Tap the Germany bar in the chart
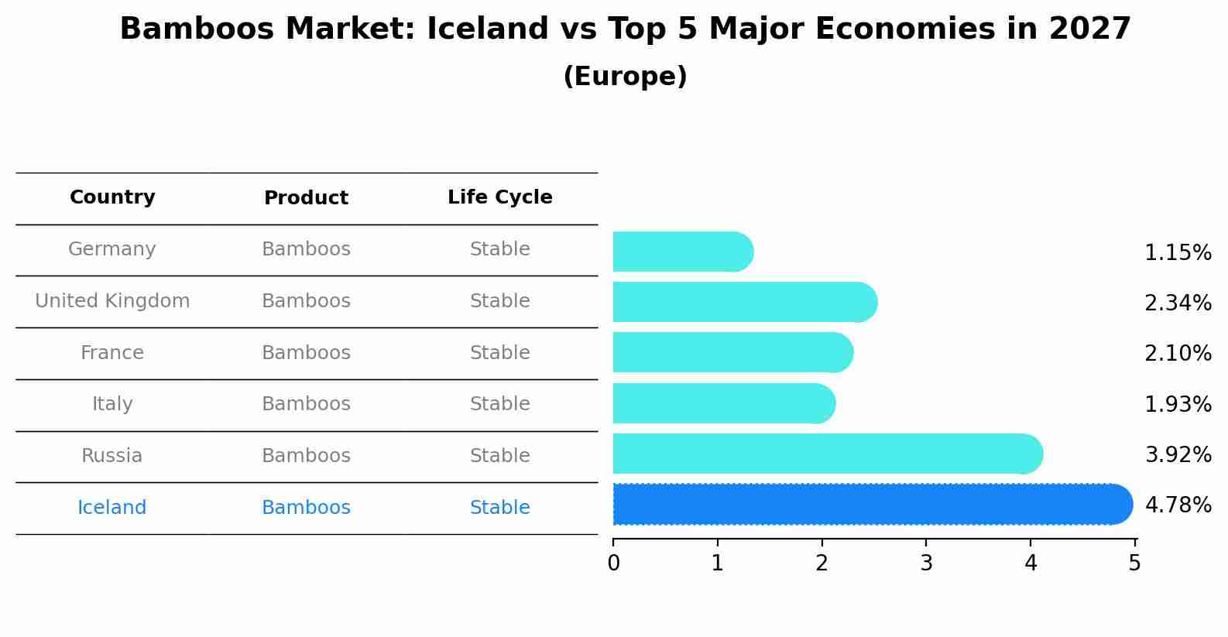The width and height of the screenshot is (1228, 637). coord(682,252)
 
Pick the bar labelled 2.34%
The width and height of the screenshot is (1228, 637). coord(744,302)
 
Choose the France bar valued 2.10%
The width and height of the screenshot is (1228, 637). coord(732,353)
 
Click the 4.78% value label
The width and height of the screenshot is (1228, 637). coord(1178,505)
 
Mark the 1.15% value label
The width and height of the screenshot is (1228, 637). coord(1178,253)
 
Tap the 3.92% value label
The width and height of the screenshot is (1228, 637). coord(1178,455)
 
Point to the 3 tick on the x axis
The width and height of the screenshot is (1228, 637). coord(926,563)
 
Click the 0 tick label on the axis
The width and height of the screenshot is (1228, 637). coord(613,563)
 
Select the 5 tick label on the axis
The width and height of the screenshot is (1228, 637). coord(1134,563)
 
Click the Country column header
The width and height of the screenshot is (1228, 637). coord(112,197)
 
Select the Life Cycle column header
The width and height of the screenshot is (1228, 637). coord(499,197)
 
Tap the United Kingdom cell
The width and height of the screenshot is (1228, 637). coord(112,301)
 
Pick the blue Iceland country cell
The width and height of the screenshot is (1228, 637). coord(112,508)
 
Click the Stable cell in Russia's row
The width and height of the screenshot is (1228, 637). coord(499,456)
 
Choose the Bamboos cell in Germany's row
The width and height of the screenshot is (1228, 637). coord(306,249)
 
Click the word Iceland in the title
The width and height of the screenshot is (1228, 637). coord(487,29)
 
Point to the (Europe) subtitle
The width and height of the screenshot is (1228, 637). coord(625,77)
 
